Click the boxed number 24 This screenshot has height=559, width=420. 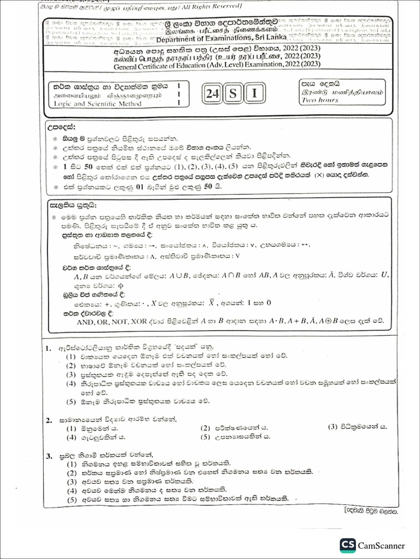[213, 94]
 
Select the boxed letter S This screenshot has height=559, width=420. [233, 94]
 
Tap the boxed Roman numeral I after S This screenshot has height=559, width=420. [253, 94]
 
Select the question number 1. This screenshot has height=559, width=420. [49, 347]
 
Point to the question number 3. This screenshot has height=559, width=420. [49, 455]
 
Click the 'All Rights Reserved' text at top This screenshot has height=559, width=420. [205, 6]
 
